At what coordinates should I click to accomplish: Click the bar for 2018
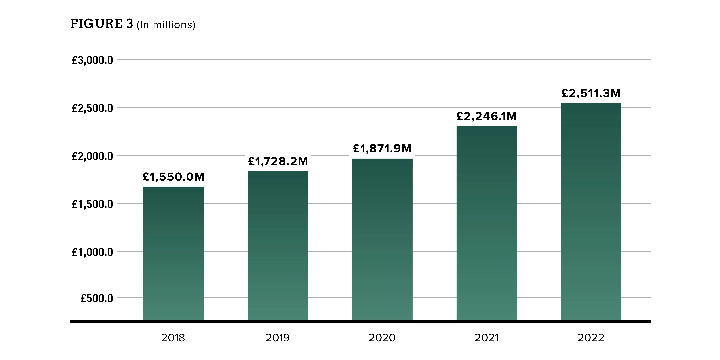click(173, 253)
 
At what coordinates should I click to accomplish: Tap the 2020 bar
click(382, 239)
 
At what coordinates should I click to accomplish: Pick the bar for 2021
click(487, 223)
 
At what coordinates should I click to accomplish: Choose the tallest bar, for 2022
click(591, 212)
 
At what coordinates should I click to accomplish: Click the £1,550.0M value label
click(173, 177)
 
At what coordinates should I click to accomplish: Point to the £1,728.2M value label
click(278, 161)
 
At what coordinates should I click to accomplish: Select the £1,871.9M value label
click(382, 148)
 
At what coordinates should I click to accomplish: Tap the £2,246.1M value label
click(487, 116)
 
